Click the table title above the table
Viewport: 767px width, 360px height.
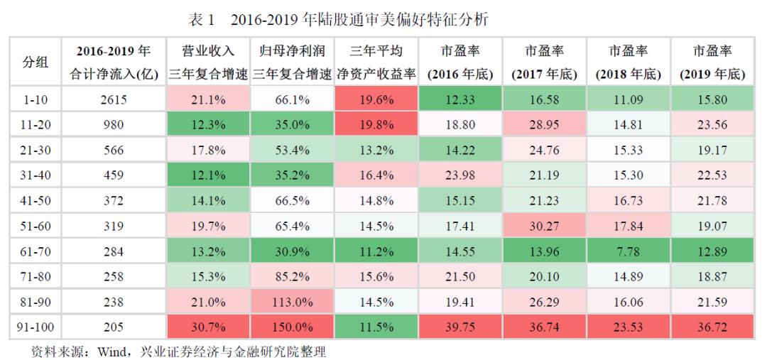click(339, 18)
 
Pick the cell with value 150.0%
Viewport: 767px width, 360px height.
click(293, 327)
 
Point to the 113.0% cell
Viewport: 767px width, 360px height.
click(293, 301)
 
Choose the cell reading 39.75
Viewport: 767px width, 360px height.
click(461, 327)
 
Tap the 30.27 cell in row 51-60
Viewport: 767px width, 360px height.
click(545, 226)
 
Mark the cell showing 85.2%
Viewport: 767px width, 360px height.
click(293, 276)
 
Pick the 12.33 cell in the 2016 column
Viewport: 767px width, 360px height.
click(461, 100)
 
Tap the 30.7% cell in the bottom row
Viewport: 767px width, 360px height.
click(209, 327)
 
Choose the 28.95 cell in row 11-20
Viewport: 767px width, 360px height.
click(545, 125)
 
